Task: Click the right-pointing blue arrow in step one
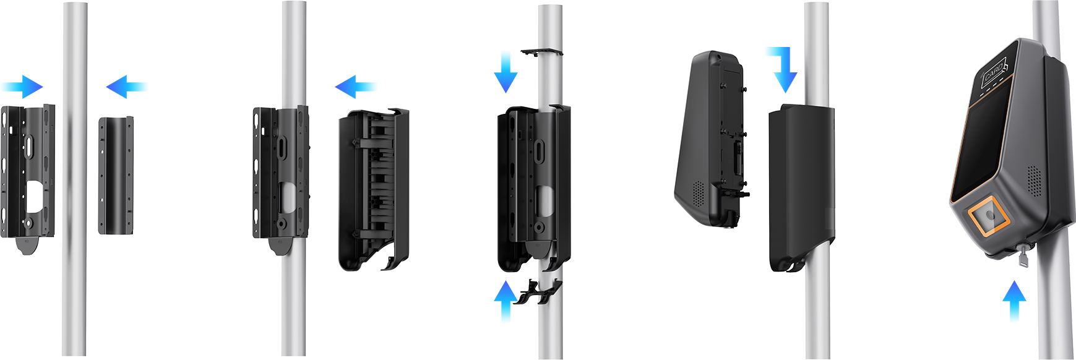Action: pos(23,87)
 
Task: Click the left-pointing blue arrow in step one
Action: pos(126,87)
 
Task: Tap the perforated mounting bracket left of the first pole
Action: pos(27,176)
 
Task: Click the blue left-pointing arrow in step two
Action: pos(355,87)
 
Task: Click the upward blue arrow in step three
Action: pos(506,300)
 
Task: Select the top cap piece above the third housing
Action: pos(542,52)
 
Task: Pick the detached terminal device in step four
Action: pos(712,139)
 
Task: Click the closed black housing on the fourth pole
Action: pos(801,188)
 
